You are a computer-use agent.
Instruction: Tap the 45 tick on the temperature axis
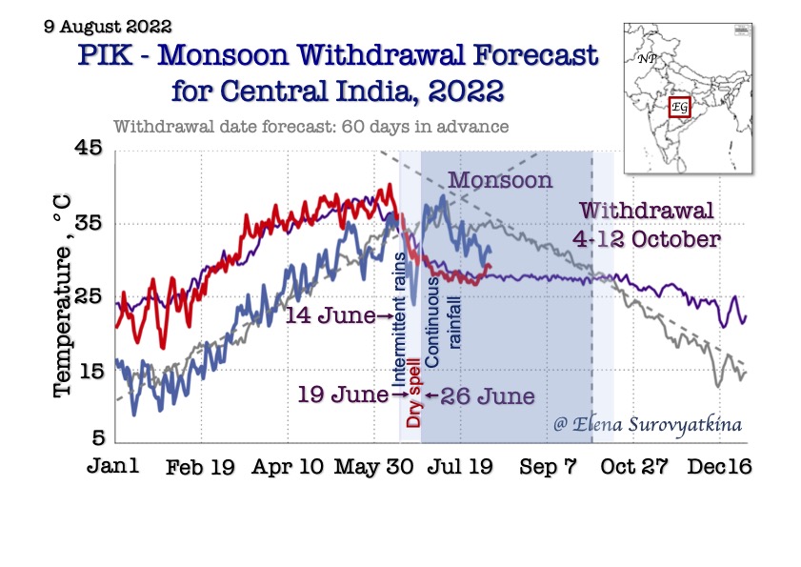pos(90,150)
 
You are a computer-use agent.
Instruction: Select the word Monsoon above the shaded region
pos(500,180)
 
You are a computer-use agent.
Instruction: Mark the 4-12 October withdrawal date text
pos(649,238)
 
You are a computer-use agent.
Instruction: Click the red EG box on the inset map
pos(680,108)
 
